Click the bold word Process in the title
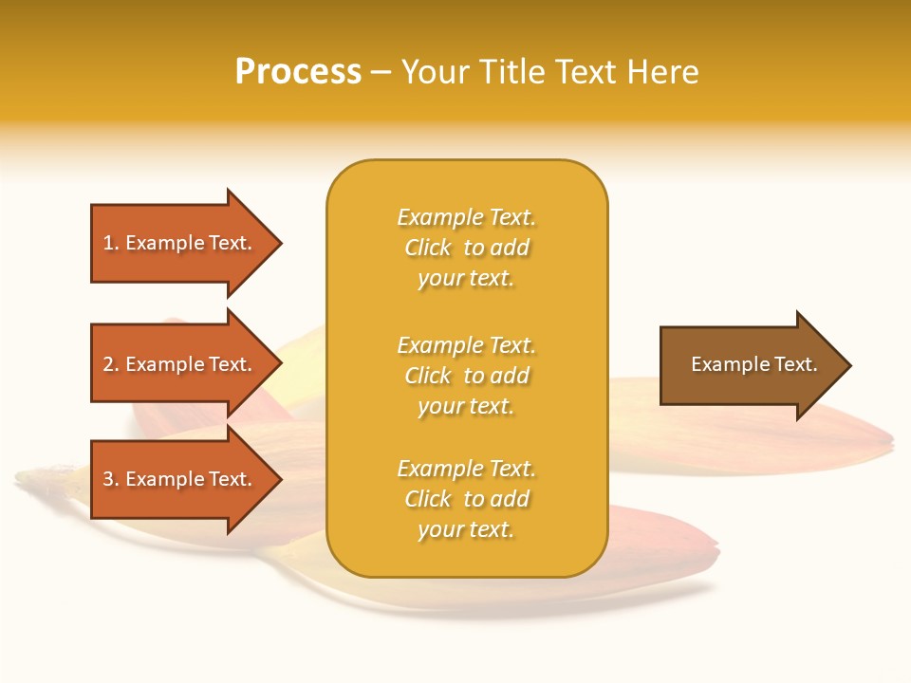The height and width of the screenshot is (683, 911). click(298, 72)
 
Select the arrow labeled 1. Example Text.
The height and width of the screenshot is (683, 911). click(177, 243)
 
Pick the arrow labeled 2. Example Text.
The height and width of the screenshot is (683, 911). click(177, 364)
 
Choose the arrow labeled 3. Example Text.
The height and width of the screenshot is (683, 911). click(177, 479)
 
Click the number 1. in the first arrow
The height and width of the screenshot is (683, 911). click(111, 243)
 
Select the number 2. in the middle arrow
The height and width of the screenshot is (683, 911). click(111, 364)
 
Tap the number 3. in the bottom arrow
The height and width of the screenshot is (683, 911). click(111, 479)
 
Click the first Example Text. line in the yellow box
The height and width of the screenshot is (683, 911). click(466, 217)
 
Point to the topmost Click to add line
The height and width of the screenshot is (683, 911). click(466, 248)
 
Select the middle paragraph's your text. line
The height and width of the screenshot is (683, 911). click(466, 406)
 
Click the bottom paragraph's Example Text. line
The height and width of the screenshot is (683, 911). click(466, 469)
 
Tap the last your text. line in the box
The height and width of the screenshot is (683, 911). click(466, 529)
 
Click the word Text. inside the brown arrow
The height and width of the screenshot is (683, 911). click(794, 364)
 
